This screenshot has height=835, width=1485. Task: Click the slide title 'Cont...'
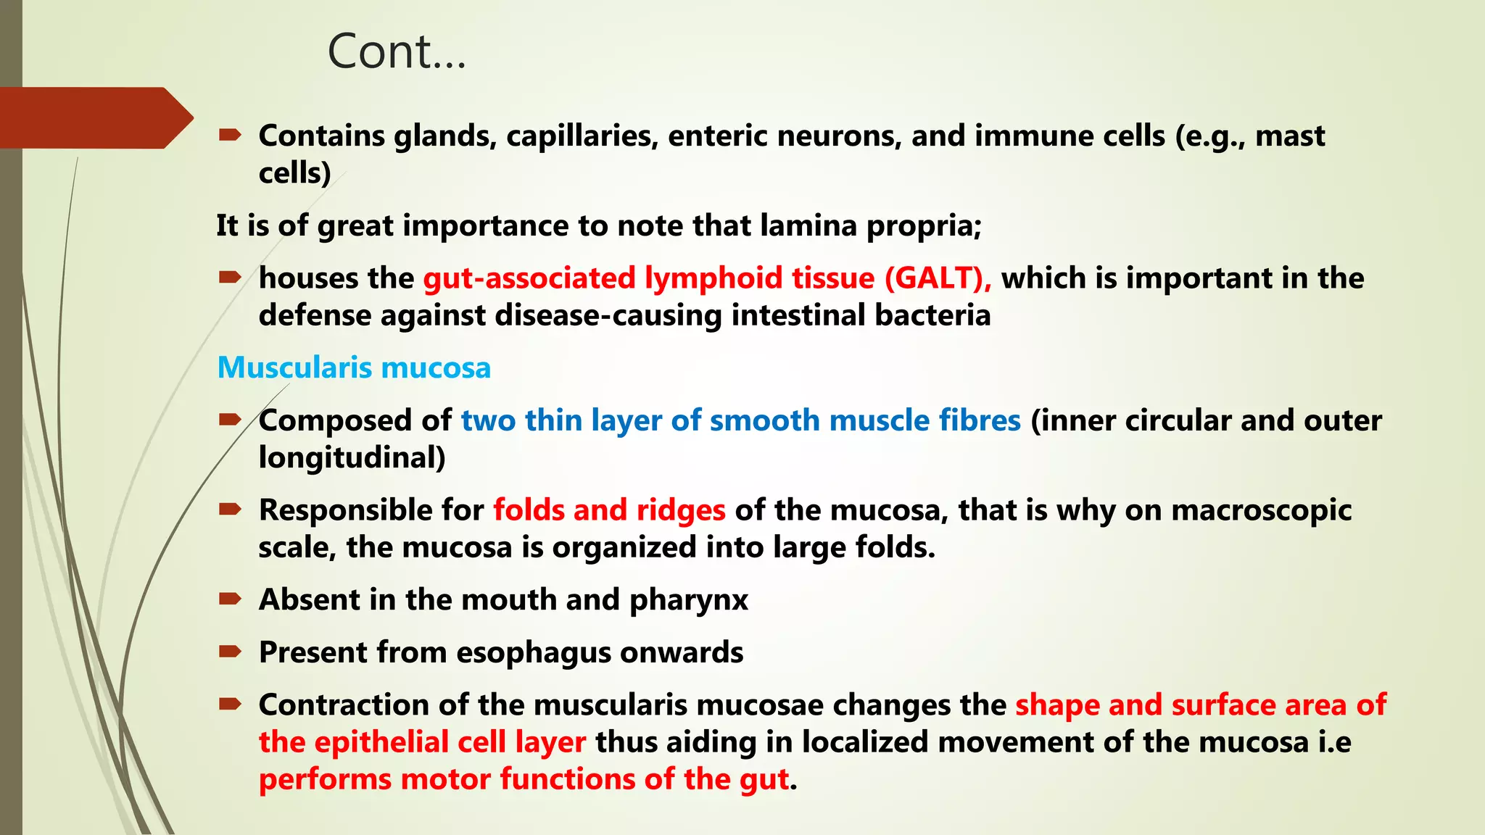(x=397, y=52)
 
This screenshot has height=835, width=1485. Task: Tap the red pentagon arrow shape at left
(x=94, y=118)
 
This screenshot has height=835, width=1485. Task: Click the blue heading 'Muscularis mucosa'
(x=354, y=367)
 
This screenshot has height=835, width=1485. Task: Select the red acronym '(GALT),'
(x=938, y=278)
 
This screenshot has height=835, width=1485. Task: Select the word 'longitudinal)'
(x=352, y=457)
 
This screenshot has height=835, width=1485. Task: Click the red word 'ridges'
(x=681, y=510)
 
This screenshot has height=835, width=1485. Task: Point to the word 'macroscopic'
(x=1262, y=510)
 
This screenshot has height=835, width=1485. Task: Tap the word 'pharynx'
(x=688, y=600)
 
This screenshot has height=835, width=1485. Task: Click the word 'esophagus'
(x=533, y=652)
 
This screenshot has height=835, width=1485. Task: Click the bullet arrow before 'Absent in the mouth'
(x=230, y=599)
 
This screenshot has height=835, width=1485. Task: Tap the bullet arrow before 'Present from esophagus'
(x=230, y=651)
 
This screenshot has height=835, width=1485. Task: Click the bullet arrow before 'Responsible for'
(x=230, y=509)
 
